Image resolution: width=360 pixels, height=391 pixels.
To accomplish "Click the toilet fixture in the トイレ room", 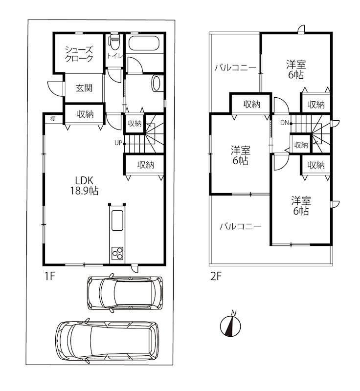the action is (114, 42).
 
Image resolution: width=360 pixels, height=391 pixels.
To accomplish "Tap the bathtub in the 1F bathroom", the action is (144, 43).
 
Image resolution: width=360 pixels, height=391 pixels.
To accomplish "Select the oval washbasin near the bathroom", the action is (156, 84).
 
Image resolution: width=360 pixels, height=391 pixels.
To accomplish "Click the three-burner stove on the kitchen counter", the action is (117, 253).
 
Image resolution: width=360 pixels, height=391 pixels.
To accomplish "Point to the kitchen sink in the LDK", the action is (117, 220).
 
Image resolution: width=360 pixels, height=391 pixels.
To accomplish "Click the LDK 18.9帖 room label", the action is (84, 185).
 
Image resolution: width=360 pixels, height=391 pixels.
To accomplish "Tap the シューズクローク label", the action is (79, 54).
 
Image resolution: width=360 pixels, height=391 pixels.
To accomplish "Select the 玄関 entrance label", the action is (84, 88).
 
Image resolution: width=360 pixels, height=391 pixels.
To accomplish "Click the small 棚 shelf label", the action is (53, 119).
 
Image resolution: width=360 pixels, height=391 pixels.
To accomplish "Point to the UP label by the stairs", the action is (118, 143).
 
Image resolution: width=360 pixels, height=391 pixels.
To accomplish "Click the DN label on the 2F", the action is (284, 123).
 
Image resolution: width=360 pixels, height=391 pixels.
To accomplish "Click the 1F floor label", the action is (49, 276).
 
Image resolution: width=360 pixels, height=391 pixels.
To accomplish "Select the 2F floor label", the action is (216, 276).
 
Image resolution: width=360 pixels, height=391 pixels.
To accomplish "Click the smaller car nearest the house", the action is (125, 293).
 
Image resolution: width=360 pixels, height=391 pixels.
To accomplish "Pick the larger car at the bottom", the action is (107, 341).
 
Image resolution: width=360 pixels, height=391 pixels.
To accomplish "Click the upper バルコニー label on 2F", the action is (235, 67).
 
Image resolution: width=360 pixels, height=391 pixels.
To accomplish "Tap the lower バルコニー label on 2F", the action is (240, 226).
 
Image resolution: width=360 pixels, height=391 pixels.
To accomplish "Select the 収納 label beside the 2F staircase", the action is (301, 145).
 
